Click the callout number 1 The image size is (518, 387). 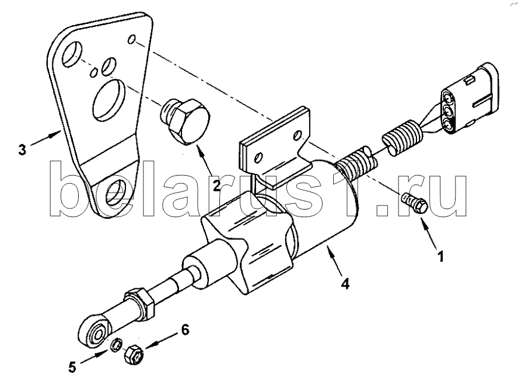tap(440, 256)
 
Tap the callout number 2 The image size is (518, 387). tap(216, 186)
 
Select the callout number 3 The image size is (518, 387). tap(22, 150)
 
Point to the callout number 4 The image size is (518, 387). tap(345, 284)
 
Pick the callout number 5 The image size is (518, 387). tap(72, 367)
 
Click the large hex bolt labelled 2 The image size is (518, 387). tap(185, 121)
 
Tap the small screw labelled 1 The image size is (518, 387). tap(414, 203)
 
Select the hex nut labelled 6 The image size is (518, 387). tap(133, 354)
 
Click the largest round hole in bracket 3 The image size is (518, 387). tap(108, 99)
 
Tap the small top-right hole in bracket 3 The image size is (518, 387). tap(131, 39)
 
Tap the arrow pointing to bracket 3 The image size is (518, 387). tap(46, 138)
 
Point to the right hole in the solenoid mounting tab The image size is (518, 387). tap(299, 135)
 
